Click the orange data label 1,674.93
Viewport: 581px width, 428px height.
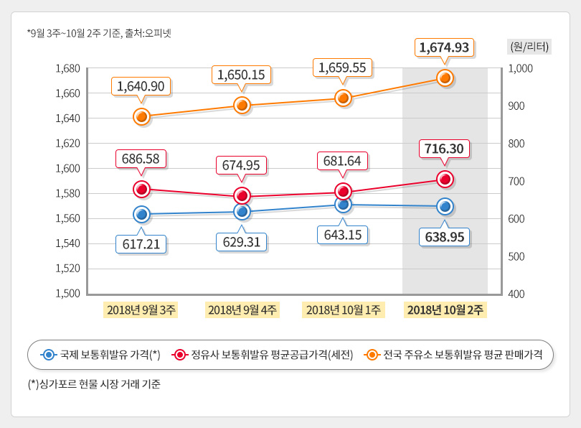pos(444,48)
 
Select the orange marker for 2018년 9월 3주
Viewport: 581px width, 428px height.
pos(141,116)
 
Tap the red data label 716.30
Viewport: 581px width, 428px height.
pos(444,149)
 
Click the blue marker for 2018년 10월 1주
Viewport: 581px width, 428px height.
pos(343,205)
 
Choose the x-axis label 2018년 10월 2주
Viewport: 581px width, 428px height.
pos(445,310)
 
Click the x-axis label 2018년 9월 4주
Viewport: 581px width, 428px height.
pos(242,310)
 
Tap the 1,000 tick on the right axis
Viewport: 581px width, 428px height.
pos(520,69)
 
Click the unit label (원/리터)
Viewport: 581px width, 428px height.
pos(529,47)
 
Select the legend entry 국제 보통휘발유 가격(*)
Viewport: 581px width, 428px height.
pos(100,355)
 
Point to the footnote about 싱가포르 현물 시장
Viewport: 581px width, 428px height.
pos(93,384)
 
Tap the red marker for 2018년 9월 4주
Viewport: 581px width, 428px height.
pos(242,195)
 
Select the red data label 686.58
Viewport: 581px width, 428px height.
pos(141,158)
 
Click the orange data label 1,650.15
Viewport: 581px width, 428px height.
pos(242,74)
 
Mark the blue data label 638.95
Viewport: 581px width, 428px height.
pos(444,236)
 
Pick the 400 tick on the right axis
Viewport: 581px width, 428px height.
pos(516,294)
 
